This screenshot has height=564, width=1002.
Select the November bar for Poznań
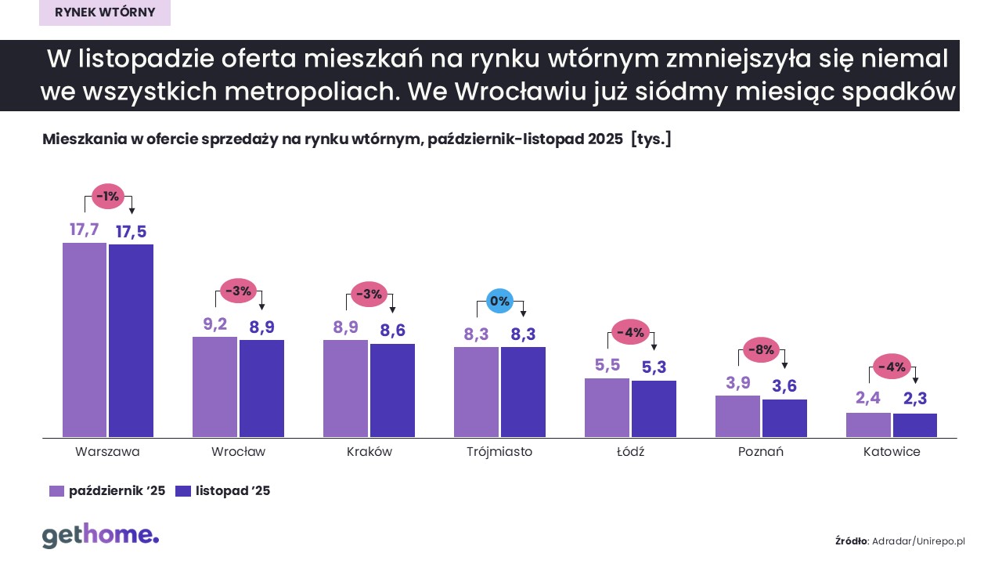[x=784, y=418]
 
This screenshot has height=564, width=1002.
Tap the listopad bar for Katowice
[x=915, y=425]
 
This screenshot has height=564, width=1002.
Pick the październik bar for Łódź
[x=607, y=407]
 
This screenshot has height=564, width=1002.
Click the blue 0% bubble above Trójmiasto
[x=499, y=300]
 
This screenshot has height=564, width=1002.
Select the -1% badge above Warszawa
[x=108, y=197]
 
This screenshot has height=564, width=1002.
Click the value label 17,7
[x=84, y=230]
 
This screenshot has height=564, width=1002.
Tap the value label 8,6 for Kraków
[x=392, y=331]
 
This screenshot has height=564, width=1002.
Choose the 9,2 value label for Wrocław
[x=214, y=324]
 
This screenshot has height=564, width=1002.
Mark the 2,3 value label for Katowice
[x=915, y=399]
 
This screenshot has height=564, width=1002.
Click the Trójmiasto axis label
[x=499, y=452]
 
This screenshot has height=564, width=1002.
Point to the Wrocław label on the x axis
[x=238, y=452]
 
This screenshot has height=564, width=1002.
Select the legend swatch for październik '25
[x=56, y=491]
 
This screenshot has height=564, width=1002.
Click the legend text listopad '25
[x=232, y=491]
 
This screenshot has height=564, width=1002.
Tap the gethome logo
[x=100, y=536]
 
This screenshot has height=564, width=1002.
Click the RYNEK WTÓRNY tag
[x=105, y=12]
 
